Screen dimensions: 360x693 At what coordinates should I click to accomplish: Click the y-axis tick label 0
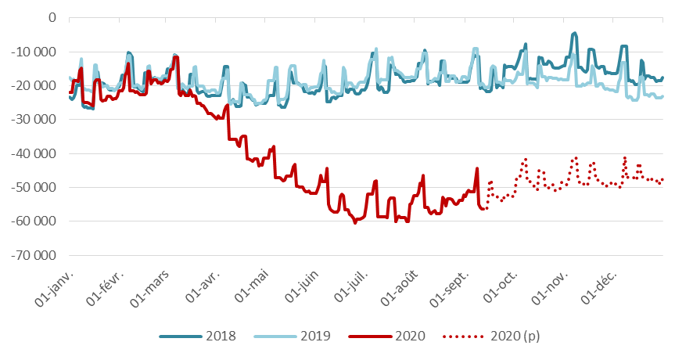pos(52,17)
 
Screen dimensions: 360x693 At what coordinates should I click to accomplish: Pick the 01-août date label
pos(399,290)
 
